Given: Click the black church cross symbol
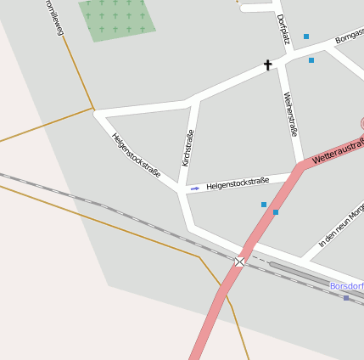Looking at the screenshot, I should pyautogui.click(x=268, y=65).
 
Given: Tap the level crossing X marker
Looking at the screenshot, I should pyautogui.click(x=240, y=262).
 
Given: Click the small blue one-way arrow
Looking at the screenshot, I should pyautogui.click(x=195, y=188).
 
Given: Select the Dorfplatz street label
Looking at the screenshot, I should pyautogui.click(x=283, y=28).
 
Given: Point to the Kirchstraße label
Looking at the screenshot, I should pyautogui.click(x=188, y=148).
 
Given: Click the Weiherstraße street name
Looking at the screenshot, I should pyautogui.click(x=290, y=114).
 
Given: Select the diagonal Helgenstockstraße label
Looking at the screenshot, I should pyautogui.click(x=136, y=154).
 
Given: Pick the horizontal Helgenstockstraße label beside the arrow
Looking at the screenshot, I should pyautogui.click(x=238, y=182).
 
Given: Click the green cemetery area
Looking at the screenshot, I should pyautogui.click(x=118, y=19).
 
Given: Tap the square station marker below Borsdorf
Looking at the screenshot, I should pyautogui.click(x=346, y=298).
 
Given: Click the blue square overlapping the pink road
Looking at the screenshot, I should pyautogui.click(x=276, y=211).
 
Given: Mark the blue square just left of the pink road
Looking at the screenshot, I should pyautogui.click(x=264, y=205).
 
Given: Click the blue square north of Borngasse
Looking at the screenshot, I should pyautogui.click(x=306, y=37).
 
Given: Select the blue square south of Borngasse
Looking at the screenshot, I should pyautogui.click(x=311, y=60).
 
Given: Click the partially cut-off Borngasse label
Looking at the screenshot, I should pyautogui.click(x=350, y=36).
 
